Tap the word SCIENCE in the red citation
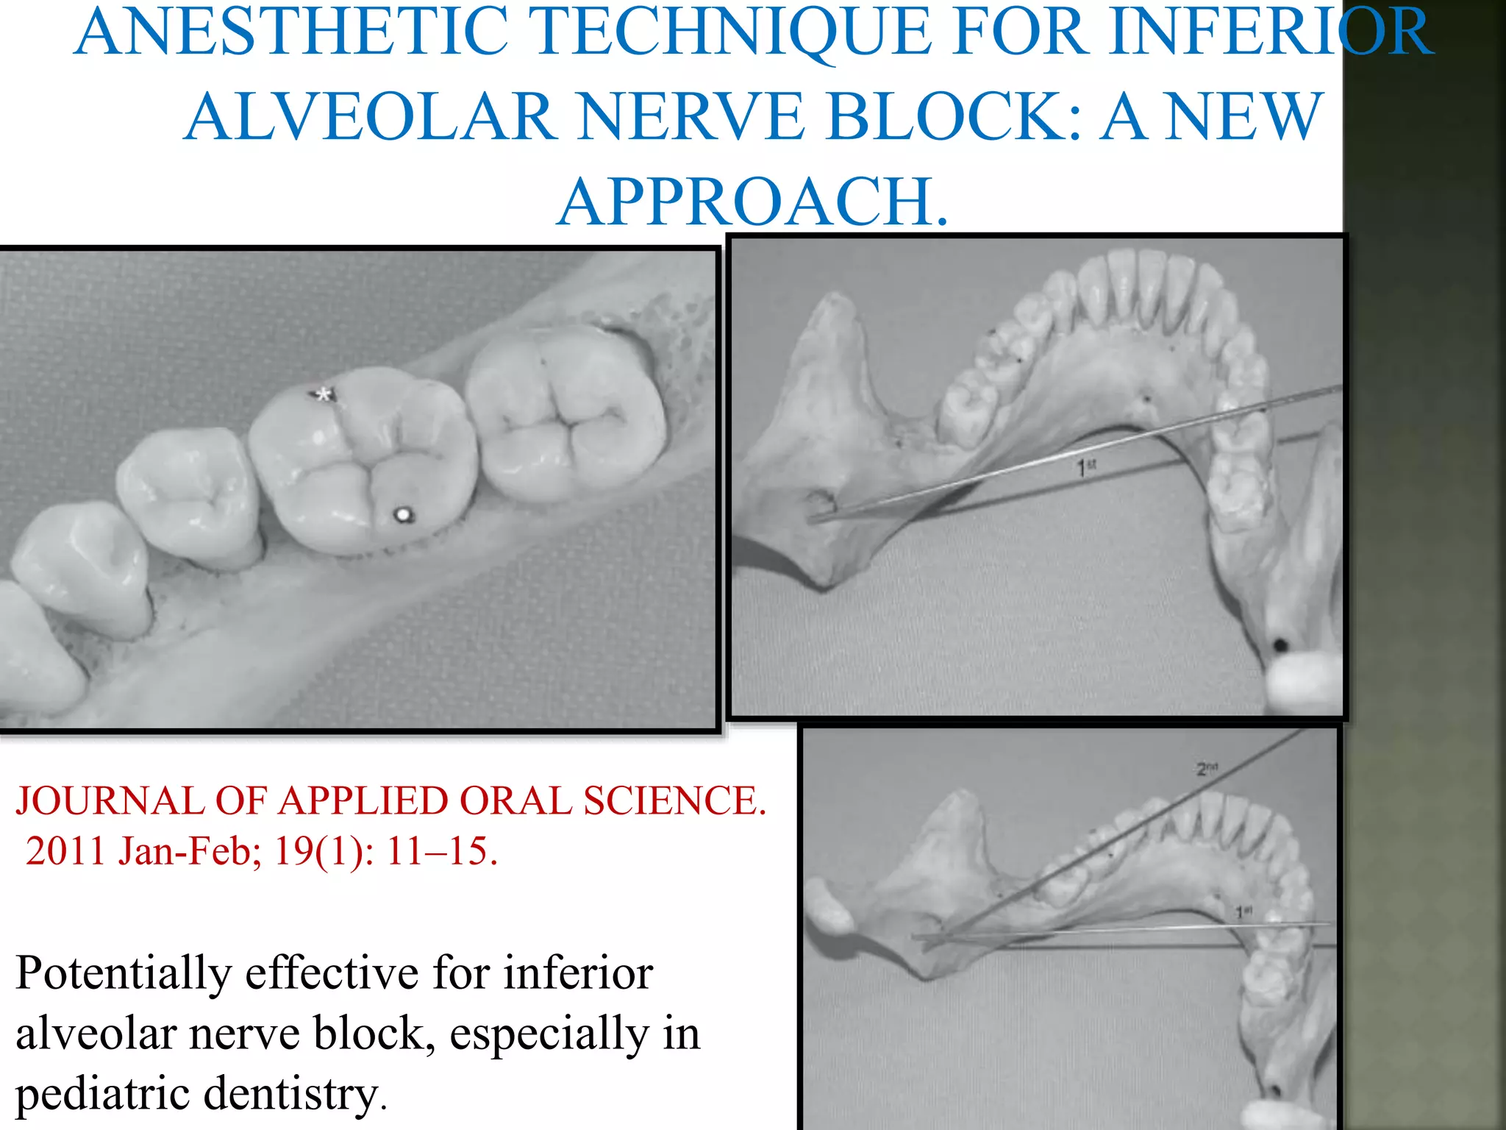tap(674, 800)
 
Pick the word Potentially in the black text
tap(124, 974)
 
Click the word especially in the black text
tap(549, 1034)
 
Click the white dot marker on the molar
tap(402, 514)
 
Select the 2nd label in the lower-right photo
tap(1207, 769)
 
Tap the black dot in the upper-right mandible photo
tap(1280, 646)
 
